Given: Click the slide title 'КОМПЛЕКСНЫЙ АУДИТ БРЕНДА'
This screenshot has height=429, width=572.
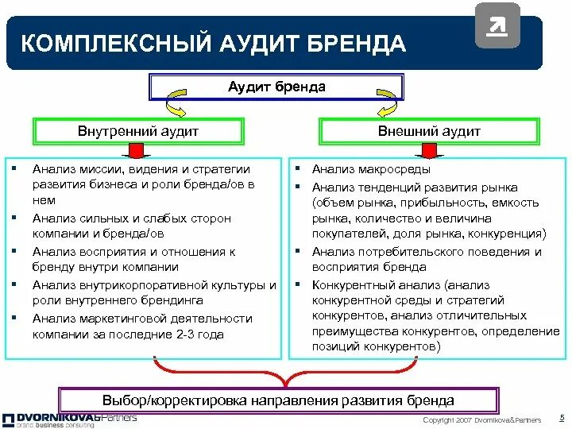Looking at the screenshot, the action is coord(212,43).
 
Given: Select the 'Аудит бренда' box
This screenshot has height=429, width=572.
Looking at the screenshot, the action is coord(276,87).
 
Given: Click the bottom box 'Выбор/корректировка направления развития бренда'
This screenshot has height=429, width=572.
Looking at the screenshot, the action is coord(278,400).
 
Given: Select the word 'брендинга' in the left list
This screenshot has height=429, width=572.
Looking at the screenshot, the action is coord(176,300).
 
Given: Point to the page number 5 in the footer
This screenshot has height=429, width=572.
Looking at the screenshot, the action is coord(562,417).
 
